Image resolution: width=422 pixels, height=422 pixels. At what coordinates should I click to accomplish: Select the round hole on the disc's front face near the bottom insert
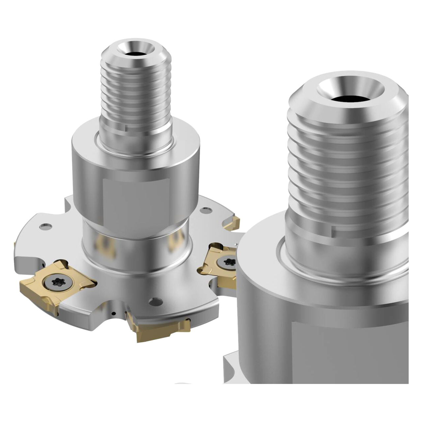pyautogui.click(x=155, y=301)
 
